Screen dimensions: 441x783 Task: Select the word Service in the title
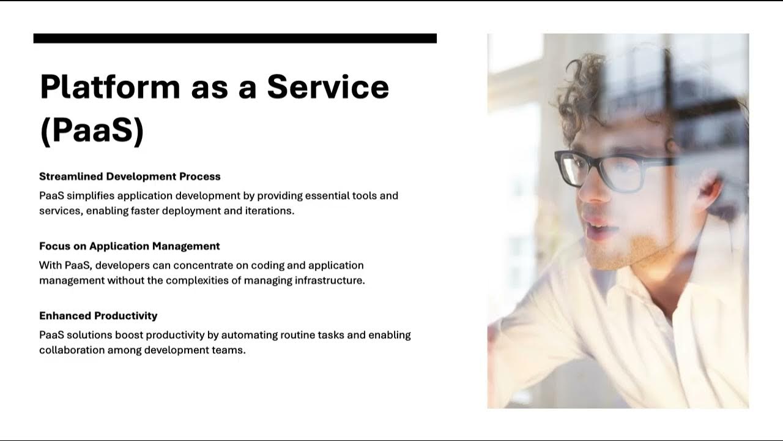point(328,86)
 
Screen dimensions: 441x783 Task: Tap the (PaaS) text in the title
point(92,130)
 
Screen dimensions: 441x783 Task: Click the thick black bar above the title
point(235,38)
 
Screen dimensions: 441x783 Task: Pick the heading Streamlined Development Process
point(130,176)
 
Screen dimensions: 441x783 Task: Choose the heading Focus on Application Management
point(130,246)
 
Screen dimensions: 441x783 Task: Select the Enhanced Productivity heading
point(98,316)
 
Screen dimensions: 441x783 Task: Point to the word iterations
point(271,211)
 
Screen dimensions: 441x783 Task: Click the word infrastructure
point(330,281)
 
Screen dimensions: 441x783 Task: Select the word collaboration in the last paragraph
point(72,350)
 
